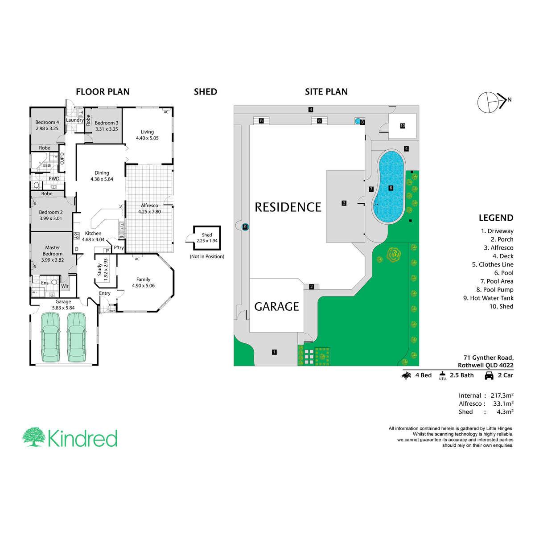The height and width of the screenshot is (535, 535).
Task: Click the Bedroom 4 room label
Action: pyautogui.click(x=47, y=122)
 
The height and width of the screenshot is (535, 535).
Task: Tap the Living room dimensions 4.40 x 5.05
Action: pyautogui.click(x=147, y=138)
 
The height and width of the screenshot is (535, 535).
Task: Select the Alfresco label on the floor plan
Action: pyautogui.click(x=149, y=206)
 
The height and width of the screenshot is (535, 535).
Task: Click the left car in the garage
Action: pyautogui.click(x=50, y=337)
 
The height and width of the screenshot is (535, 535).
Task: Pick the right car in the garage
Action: pyautogui.click(x=76, y=337)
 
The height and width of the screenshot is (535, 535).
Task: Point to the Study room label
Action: pyautogui.click(x=99, y=270)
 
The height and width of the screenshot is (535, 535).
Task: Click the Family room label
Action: pyautogui.click(x=143, y=279)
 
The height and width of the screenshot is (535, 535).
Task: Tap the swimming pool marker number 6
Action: pyautogui.click(x=391, y=188)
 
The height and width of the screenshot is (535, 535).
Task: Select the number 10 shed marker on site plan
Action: pyautogui.click(x=403, y=126)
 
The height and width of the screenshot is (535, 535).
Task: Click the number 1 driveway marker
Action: pyautogui.click(x=274, y=352)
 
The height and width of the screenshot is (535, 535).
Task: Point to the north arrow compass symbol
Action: pyautogui.click(x=492, y=102)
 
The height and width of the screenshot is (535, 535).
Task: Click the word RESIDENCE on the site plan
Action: pyautogui.click(x=288, y=207)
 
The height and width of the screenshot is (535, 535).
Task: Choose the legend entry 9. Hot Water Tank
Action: pyautogui.click(x=488, y=298)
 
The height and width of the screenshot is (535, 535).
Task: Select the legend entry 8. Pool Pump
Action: pyautogui.click(x=495, y=290)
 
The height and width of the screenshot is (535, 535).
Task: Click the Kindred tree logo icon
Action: pyautogui.click(x=33, y=437)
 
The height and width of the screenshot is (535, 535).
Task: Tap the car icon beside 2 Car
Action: pyautogui.click(x=489, y=375)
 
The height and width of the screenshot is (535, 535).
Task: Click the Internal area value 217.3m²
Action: pyautogui.click(x=502, y=395)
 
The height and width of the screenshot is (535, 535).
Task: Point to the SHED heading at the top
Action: pyautogui.click(x=206, y=92)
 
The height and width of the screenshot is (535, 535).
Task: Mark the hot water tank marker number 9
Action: pyautogui.click(x=245, y=227)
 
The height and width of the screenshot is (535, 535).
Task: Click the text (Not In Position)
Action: pyautogui.click(x=207, y=256)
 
